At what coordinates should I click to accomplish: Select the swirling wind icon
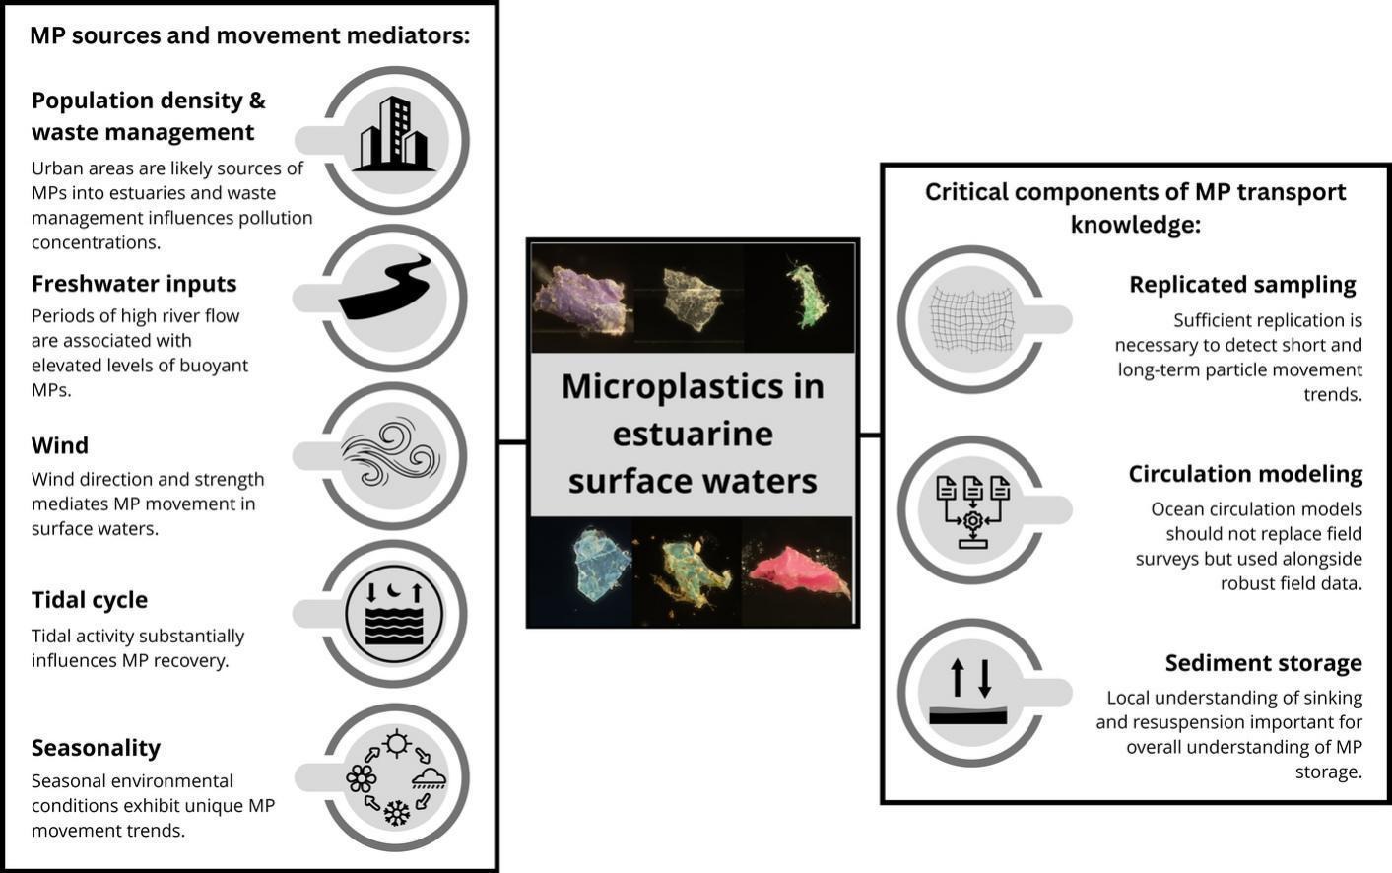click(390, 454)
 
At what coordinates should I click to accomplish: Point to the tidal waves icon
click(394, 613)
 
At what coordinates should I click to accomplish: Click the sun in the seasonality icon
click(397, 743)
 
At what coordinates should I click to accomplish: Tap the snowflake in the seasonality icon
click(396, 814)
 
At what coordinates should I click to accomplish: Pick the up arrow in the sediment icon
click(957, 678)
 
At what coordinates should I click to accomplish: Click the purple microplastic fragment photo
click(580, 300)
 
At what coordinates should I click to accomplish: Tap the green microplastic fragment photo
click(807, 295)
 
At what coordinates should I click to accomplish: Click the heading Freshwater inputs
click(134, 284)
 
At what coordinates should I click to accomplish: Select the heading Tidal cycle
click(90, 600)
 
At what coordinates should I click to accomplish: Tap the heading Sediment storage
click(1263, 663)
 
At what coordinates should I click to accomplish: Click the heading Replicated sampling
click(1242, 285)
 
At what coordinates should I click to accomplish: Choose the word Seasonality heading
click(96, 748)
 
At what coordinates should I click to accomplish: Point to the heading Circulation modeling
click(1245, 474)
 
